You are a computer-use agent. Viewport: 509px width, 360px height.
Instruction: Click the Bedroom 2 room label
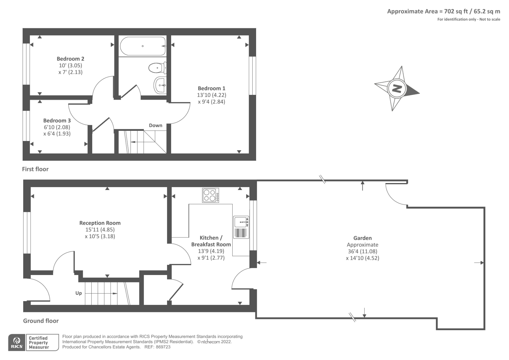point(70,59)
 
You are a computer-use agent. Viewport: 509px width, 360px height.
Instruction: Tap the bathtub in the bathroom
point(143,46)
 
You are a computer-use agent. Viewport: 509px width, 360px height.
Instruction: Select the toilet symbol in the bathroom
point(157,67)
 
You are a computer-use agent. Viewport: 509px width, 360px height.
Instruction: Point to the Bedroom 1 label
point(211,88)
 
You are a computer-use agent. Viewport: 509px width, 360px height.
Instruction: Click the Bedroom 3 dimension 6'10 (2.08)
point(57,127)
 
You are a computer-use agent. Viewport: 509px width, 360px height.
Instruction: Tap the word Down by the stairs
point(156,125)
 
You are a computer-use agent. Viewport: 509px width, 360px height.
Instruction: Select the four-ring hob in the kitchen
point(210,195)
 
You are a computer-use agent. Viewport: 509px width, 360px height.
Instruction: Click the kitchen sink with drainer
point(241,227)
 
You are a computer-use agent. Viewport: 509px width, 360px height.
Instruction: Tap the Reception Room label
point(100,223)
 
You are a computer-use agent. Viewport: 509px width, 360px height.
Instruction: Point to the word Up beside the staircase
point(79,293)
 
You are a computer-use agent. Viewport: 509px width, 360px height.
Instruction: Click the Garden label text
point(362,238)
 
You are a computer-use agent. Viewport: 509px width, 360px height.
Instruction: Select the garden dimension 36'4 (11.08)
point(362,251)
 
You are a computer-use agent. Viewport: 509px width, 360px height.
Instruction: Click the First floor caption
point(35,169)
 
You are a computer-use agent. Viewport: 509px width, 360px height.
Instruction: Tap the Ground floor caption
point(41,321)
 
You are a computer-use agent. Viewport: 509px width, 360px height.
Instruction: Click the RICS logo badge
point(17,342)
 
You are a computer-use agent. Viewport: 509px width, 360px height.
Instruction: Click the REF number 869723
point(162,347)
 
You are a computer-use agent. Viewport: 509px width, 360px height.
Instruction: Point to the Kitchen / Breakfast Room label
point(211,241)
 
